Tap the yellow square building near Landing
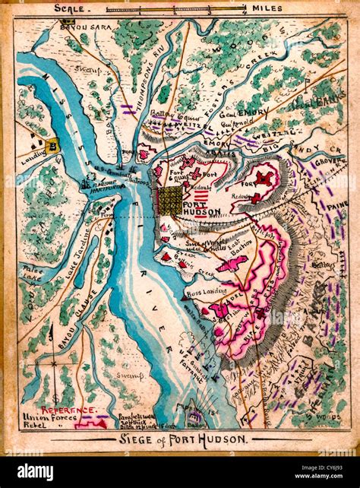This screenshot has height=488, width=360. [x=52, y=147]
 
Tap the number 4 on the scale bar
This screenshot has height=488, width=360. [x=243, y=13]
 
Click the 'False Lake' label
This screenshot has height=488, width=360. [x=33, y=272]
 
